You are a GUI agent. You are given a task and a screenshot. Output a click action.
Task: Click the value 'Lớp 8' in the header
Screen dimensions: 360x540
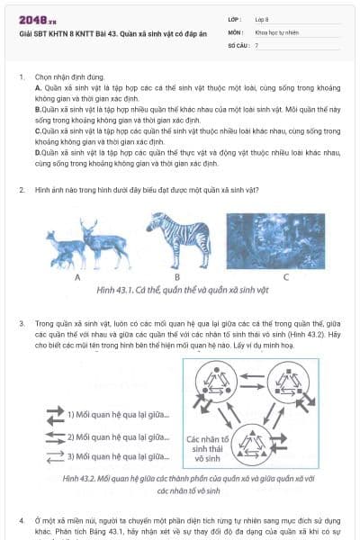(265, 19)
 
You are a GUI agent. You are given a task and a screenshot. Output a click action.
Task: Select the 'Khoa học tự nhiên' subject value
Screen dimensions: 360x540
(276, 31)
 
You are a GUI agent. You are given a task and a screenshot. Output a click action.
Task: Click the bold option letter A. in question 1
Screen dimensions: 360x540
(38, 89)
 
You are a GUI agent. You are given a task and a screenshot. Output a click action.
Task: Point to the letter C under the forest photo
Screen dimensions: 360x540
(284, 276)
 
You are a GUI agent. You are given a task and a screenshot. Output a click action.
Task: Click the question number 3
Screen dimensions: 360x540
(22, 321)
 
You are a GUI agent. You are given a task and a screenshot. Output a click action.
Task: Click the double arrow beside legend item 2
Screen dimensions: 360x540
(54, 436)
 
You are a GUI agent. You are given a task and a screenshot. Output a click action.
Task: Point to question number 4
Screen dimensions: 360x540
(22, 521)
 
